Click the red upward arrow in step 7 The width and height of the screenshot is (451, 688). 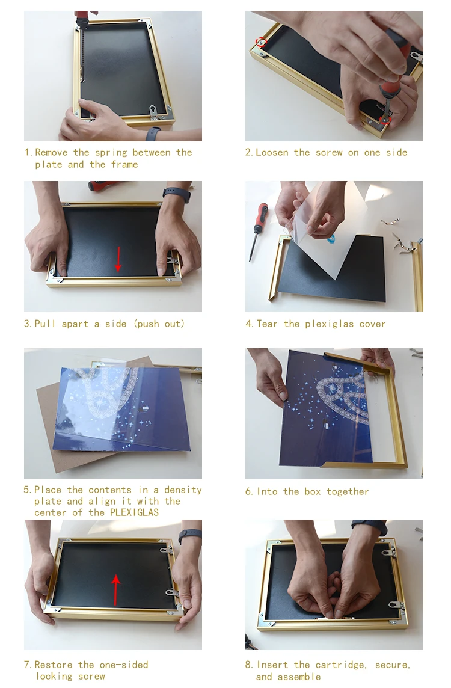click(115, 590)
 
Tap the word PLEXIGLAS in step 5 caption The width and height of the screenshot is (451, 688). click(134, 512)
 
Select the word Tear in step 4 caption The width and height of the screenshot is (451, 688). click(267, 324)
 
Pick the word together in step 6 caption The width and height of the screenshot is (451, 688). click(348, 492)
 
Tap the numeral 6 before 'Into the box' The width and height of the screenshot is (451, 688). click(249, 492)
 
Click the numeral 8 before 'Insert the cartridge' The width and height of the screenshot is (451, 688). click(248, 665)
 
